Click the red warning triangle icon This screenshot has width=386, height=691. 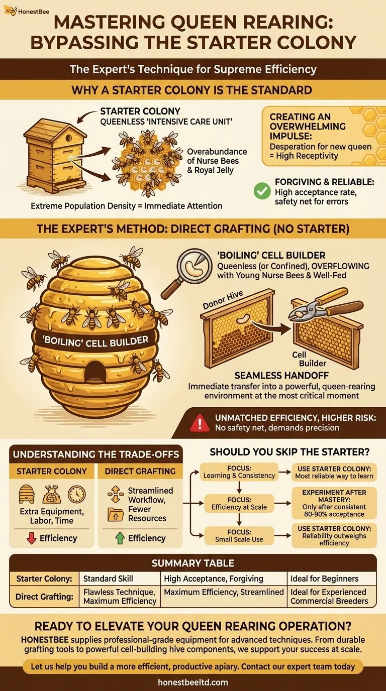(x=200, y=422)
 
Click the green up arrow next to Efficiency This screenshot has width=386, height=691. (x=119, y=538)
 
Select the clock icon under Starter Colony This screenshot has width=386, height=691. (x=76, y=494)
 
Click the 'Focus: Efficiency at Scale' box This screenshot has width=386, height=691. (x=239, y=503)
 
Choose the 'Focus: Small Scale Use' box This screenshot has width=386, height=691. (x=239, y=535)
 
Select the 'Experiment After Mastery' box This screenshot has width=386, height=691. (x=334, y=503)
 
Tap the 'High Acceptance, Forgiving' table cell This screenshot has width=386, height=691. (x=223, y=579)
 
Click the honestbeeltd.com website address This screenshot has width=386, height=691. (x=193, y=682)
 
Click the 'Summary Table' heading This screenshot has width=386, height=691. (x=193, y=563)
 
